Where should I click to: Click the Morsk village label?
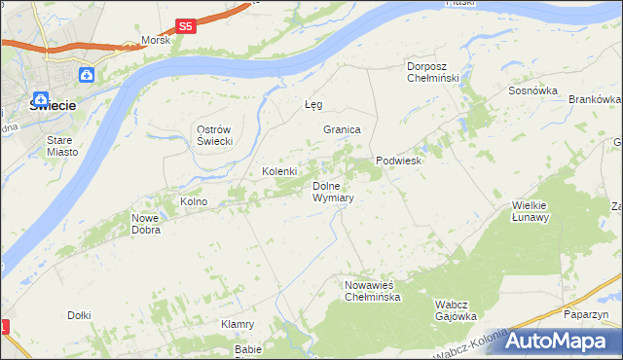[156, 40]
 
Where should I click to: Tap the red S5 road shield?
[186, 27]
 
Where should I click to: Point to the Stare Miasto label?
[67, 146]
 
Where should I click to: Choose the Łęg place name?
[312, 104]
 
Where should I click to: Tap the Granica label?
[343, 129]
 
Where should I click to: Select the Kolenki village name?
[279, 171]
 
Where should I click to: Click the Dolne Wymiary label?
[332, 191]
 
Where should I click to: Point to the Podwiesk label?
[398, 161]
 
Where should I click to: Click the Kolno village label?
[194, 201]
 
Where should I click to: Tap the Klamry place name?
[238, 324]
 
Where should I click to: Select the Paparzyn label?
[586, 315]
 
